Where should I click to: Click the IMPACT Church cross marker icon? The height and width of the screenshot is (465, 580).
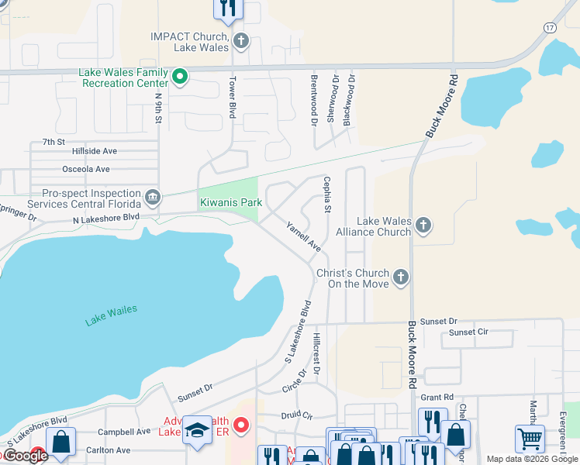(241, 40)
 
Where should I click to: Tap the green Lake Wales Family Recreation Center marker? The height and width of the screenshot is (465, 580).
(180, 77)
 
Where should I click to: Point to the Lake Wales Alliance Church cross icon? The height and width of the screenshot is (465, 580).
(423, 226)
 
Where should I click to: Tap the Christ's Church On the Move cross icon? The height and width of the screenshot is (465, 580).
(400, 277)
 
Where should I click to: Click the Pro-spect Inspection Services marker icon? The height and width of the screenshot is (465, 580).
(153, 197)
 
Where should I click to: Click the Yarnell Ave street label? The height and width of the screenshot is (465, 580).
(304, 236)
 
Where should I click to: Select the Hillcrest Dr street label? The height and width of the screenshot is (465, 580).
(316, 351)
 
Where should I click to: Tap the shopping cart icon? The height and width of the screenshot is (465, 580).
(530, 438)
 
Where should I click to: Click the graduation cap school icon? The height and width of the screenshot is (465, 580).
(197, 431)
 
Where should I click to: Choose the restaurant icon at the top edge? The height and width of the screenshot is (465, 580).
(228, 8)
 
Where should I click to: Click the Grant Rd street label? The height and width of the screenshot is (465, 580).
(437, 398)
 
